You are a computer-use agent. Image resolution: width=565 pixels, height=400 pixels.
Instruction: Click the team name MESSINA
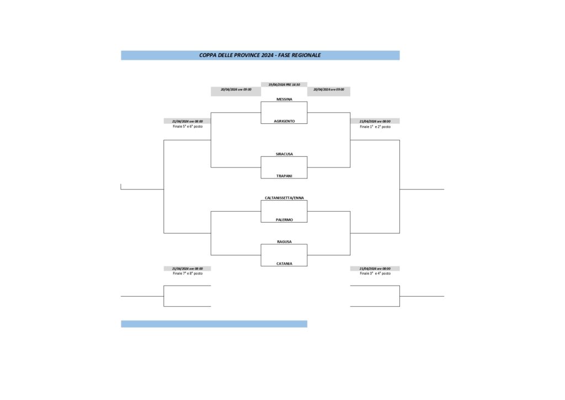284,99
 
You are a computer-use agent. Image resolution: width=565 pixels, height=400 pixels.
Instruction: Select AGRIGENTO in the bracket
284,121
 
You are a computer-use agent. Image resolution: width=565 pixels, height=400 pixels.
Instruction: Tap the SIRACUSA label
284,154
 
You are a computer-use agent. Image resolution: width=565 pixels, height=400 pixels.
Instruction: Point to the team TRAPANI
284,176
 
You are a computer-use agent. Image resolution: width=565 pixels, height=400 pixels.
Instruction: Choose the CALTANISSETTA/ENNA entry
284,198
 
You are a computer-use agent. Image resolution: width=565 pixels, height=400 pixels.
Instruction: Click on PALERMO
284,220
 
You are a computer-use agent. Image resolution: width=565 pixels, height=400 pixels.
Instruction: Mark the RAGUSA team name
284,242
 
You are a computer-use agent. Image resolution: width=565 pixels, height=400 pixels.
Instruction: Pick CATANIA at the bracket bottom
284,264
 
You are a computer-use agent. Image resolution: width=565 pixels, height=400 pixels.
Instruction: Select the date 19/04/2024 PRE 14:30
284,85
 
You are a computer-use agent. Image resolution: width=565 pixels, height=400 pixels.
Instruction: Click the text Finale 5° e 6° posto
188,127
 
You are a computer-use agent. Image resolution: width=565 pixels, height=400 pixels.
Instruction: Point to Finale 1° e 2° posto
375,127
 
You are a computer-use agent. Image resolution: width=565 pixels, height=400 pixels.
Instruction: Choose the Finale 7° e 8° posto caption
188,273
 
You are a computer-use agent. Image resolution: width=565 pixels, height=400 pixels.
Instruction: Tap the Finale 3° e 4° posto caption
375,273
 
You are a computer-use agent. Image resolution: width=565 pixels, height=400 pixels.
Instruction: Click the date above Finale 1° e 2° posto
375,121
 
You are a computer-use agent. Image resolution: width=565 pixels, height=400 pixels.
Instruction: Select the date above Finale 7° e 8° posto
188,269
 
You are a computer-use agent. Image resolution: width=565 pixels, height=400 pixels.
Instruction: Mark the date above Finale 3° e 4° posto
375,269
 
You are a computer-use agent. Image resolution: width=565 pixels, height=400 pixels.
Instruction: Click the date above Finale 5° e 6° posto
188,121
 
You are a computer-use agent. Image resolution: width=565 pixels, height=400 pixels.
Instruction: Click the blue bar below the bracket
214,324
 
